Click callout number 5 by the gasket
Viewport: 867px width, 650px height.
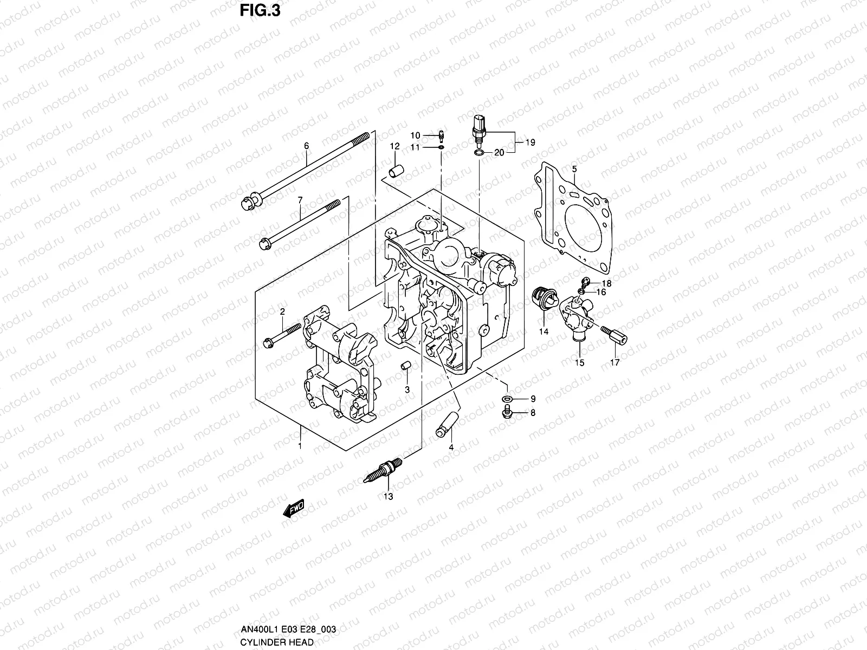click(x=574, y=170)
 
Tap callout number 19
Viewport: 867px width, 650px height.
click(x=530, y=142)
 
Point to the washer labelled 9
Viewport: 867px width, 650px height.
click(x=507, y=400)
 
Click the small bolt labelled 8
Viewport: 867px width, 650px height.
click(x=507, y=414)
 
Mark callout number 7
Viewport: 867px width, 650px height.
click(x=300, y=200)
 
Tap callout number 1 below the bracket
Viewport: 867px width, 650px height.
click(x=300, y=446)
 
